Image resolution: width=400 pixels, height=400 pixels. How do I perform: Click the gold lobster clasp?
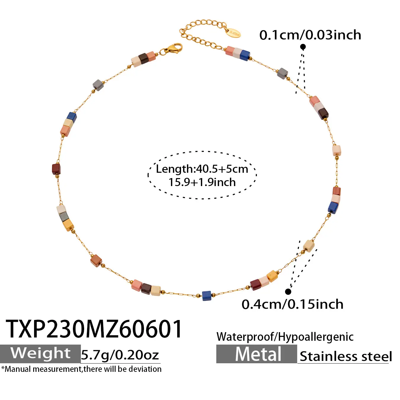(x=172, y=49)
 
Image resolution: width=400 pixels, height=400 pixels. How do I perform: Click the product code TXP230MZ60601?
(x=94, y=329)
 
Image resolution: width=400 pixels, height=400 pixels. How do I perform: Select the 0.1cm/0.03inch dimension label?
(x=310, y=35)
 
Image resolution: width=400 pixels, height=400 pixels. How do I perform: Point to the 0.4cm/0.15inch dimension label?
(x=292, y=304)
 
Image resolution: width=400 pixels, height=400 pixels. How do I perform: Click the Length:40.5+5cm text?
(x=202, y=169)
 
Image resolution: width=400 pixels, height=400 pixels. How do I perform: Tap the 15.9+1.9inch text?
(x=202, y=183)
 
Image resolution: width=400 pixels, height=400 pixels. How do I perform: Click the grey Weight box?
(x=40, y=354)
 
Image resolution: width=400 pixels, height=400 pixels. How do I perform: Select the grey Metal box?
(x=257, y=354)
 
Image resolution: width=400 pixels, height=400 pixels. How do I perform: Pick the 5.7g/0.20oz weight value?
(x=120, y=355)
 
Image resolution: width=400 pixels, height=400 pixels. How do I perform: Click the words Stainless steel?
(x=346, y=356)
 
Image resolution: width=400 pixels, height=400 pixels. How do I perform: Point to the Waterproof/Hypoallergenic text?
(x=285, y=337)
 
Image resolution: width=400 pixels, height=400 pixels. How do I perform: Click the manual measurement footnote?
(x=81, y=369)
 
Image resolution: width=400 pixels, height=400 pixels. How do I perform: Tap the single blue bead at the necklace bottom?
(x=206, y=295)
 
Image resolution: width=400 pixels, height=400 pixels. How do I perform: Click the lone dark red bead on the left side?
(x=56, y=169)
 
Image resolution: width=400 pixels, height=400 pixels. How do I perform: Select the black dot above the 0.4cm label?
(x=288, y=292)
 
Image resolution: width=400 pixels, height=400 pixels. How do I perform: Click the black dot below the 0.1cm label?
(x=303, y=47)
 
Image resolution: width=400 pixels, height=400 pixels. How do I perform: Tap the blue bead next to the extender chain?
(x=245, y=55)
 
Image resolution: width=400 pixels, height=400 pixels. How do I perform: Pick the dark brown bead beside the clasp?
(x=144, y=59)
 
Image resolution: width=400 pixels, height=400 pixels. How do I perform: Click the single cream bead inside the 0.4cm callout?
(x=309, y=246)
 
